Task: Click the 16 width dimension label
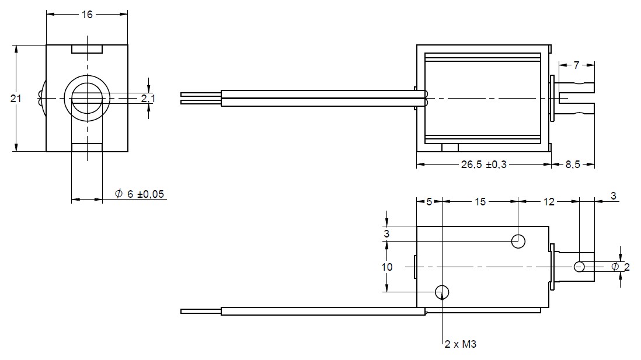coord(87,15)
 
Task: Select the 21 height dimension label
coord(16,99)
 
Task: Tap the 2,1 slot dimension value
coord(148,99)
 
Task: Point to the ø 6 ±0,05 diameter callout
coord(141,194)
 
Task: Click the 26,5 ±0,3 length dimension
coord(484,165)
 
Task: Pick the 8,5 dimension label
coord(573,165)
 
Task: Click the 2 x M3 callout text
coord(461,344)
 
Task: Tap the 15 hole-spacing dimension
coord(480,202)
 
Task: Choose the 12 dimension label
coord(549,202)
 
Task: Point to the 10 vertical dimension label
coord(386,267)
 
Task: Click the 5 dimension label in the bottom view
coord(429,202)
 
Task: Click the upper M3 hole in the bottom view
coord(518,240)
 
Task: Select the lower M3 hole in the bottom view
coord(443,292)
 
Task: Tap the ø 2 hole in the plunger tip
coord(579,267)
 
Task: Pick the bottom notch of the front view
coord(87,147)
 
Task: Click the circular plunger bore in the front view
coord(87,99)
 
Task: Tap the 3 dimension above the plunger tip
coord(613,197)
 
